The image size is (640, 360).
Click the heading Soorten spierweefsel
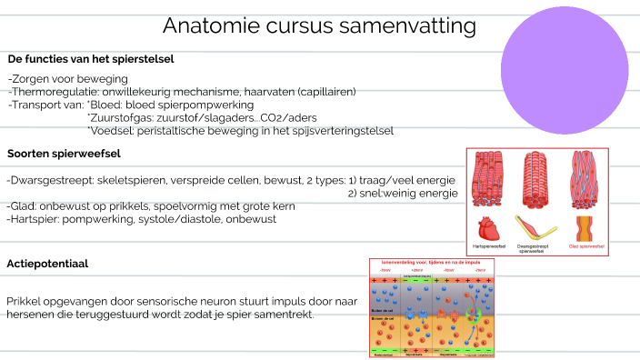point(64,154)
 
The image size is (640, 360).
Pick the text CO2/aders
point(290,118)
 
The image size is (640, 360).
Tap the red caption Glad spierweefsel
point(586,247)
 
